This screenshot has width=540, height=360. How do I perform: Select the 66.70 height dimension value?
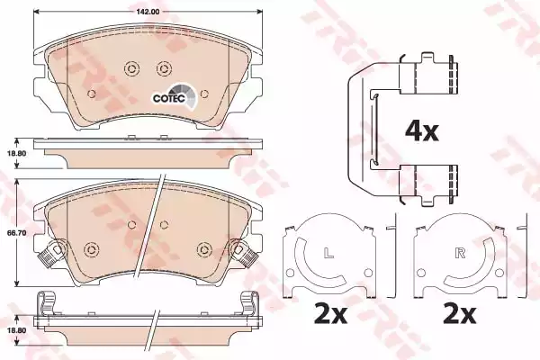pyautogui.click(x=16, y=233)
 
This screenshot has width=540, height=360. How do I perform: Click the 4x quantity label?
pyautogui.click(x=421, y=131)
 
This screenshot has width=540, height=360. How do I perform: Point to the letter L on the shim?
pyautogui.click(x=328, y=253)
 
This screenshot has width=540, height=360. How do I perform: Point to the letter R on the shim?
pyautogui.click(x=460, y=253)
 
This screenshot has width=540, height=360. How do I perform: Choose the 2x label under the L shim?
pyautogui.click(x=330, y=314)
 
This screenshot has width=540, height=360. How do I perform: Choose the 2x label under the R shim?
pyautogui.click(x=459, y=314)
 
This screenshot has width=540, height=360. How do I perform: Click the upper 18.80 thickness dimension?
pyautogui.click(x=16, y=153)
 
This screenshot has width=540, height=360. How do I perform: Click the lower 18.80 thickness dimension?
pyautogui.click(x=16, y=330)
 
